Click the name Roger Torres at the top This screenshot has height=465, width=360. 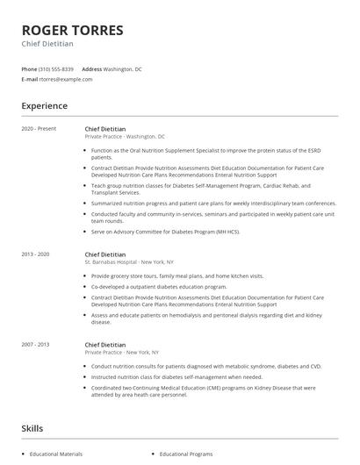[x=72, y=30]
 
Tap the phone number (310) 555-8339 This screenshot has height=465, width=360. [x=56, y=68]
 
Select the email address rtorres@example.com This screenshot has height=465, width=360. [x=66, y=79]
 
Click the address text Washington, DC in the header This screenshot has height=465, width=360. [x=122, y=68]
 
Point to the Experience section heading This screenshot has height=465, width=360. [x=44, y=106]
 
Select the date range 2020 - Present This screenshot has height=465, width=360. [x=39, y=128]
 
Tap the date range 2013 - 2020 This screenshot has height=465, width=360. [x=38, y=254]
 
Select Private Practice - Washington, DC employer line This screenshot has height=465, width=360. [x=124, y=136]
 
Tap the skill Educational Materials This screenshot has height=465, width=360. [x=55, y=454]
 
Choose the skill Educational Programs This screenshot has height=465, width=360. [x=185, y=454]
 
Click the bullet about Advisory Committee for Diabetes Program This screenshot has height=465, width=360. [x=165, y=231]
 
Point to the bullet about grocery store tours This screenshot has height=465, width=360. [x=164, y=275]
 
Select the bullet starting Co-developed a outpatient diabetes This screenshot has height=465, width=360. [x=159, y=286]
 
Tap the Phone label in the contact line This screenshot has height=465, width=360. [x=29, y=68]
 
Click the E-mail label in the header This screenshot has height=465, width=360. [x=29, y=79]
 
